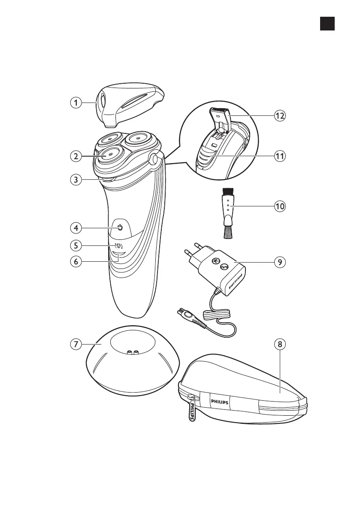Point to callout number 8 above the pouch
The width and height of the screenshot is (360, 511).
point(280,344)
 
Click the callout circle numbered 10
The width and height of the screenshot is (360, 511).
point(280,206)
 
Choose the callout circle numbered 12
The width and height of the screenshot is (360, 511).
point(280,115)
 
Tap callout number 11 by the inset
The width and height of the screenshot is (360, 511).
point(280,157)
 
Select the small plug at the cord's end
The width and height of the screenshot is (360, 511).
point(186,314)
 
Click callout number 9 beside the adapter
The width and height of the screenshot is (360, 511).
point(280,262)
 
